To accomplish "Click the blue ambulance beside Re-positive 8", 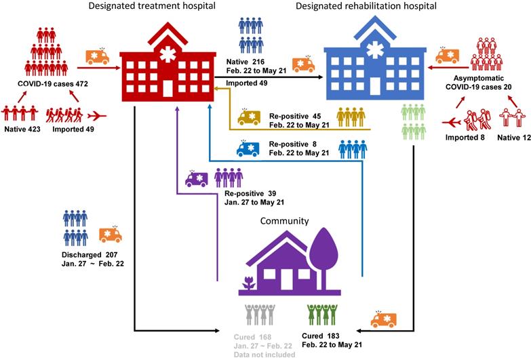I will click(248, 148).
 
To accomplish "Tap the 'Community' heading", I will click(286, 221).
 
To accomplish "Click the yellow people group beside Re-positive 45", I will click(351, 117).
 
